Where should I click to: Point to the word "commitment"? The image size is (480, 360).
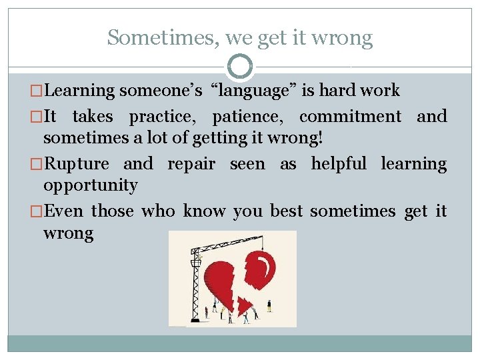tap(350, 117)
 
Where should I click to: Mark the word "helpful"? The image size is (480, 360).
tap(339, 164)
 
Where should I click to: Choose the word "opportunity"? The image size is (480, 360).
tap(90, 185)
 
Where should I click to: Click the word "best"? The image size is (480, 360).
tap(286, 211)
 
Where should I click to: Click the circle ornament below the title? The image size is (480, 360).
tap(240, 67)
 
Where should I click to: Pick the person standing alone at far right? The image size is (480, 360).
tap(269, 305)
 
